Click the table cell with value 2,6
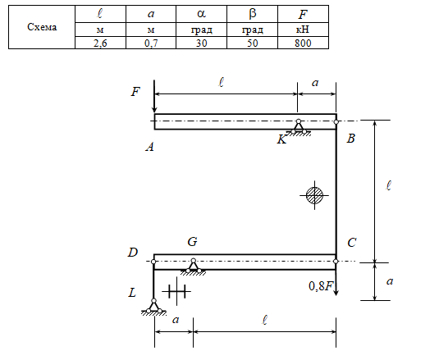pos(100,43)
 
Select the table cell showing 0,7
pos(151,43)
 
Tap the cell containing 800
pos(303,43)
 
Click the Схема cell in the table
pos(42,27)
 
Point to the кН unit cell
pos(303,30)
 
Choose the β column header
pos(252,14)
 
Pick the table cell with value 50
pos(252,43)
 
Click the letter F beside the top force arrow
pos(135,92)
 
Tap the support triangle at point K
pos(299,128)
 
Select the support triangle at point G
pos(193,267)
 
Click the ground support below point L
pos(153,308)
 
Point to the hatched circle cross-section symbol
pos(314,195)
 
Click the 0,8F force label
pos(321,286)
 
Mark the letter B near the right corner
pos(351,139)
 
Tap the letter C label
pos(352,243)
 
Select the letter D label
pos(133,253)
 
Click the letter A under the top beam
pos(150,147)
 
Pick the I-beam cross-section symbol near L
pos(176,291)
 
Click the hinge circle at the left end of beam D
pos(153,262)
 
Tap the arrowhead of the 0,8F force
pos(336,293)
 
